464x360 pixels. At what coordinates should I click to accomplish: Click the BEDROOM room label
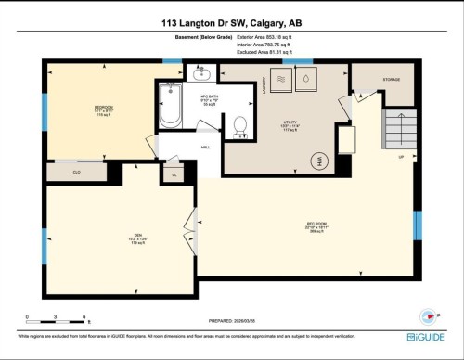point(103,108)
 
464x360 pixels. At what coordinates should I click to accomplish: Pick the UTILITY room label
point(290,122)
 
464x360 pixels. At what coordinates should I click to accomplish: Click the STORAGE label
point(392,80)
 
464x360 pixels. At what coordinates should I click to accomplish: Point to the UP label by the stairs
point(401,157)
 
